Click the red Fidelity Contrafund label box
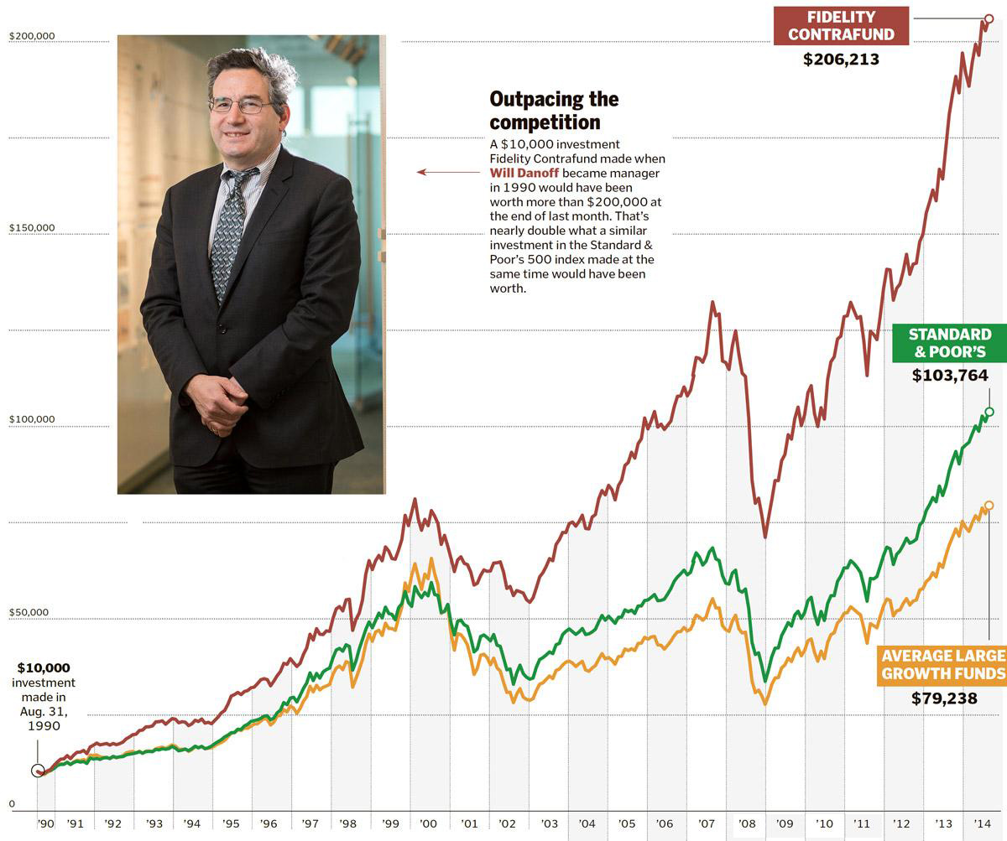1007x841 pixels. (x=841, y=25)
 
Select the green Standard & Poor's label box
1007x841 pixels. (x=949, y=343)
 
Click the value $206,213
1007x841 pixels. (x=841, y=60)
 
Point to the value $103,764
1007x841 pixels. (x=950, y=376)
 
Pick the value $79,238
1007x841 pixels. (x=944, y=698)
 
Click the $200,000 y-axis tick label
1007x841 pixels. (x=31, y=36)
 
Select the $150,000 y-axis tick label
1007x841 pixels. (x=31, y=228)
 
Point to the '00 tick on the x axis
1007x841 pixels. (x=428, y=824)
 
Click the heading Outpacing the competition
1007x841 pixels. (x=554, y=111)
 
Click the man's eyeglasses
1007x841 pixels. (x=242, y=106)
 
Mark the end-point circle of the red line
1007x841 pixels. (x=988, y=18)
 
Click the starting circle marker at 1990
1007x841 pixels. (x=38, y=771)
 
